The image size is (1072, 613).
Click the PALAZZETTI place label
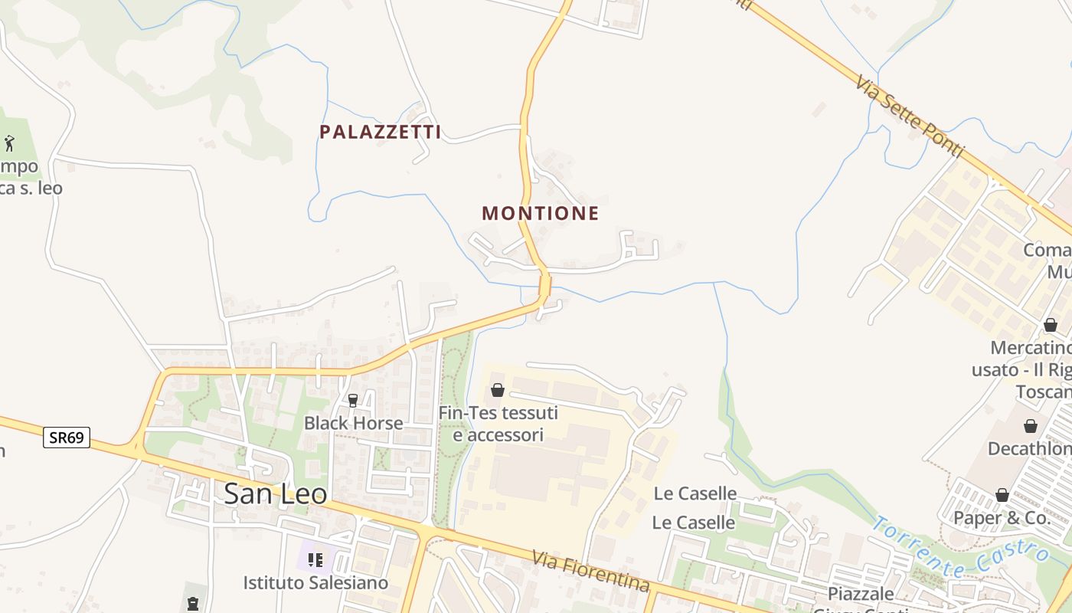[x=380, y=132]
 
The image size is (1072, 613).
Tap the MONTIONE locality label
[x=540, y=213]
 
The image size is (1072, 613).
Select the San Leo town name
[x=275, y=494]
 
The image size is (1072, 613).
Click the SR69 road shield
[x=67, y=438]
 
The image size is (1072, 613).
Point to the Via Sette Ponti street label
[x=910, y=116]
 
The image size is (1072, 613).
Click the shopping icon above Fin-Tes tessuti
[x=498, y=391]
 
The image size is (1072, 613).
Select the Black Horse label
[x=353, y=423]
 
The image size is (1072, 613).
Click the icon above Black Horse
[x=353, y=400]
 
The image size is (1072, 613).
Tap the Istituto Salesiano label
[x=315, y=583]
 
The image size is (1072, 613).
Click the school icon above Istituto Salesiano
[x=315, y=560]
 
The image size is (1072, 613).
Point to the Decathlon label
[x=1030, y=449]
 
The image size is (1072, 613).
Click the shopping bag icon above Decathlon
[x=1031, y=426]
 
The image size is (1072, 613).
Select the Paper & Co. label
[x=1002, y=518]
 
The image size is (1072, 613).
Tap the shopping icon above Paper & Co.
[x=1002, y=495]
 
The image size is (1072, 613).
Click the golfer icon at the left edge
[x=9, y=143]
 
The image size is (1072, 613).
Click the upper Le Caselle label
[x=695, y=493]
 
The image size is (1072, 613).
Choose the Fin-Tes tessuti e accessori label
[x=498, y=424]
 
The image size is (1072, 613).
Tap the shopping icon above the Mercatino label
[x=1051, y=326]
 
